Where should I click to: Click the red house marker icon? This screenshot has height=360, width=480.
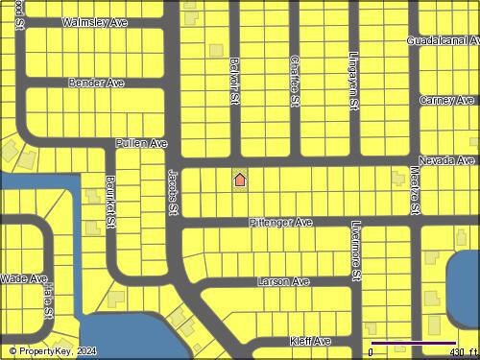240,179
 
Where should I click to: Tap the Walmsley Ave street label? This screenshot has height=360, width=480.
94,21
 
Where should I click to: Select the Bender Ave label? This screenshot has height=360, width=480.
96,84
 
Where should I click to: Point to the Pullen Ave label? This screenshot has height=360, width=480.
141,143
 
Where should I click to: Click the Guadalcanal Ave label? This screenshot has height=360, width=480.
443,41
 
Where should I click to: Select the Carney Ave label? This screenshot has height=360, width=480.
446,100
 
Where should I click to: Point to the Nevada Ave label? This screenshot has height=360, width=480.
446,160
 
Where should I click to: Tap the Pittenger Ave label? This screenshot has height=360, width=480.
280,223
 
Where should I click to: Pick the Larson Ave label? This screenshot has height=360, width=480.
283,282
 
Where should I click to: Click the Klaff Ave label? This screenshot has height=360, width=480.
310,341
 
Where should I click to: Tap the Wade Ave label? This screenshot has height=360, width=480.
24,278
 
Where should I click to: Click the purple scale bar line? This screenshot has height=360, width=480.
413,343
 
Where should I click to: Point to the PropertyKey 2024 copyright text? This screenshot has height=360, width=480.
53,351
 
